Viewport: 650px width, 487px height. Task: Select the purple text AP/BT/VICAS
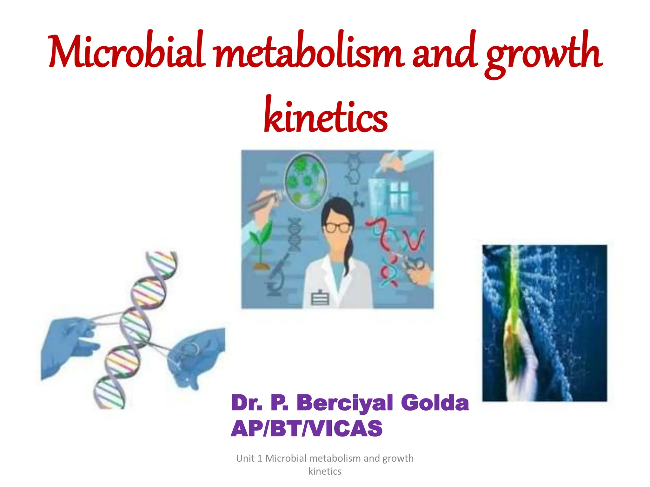coord(307,429)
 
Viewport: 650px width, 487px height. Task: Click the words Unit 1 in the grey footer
coord(249,458)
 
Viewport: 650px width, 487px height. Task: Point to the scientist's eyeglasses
coord(337,227)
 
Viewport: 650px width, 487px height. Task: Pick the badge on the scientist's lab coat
coord(320,298)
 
